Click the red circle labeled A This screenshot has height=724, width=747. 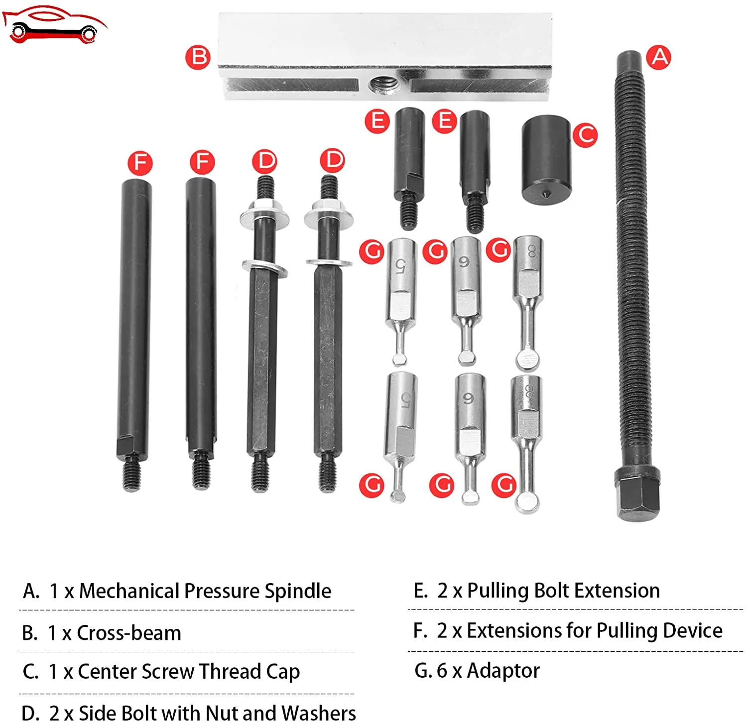[x=658, y=57]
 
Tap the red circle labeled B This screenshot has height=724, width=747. [x=198, y=57]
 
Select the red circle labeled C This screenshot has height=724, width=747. [x=585, y=134]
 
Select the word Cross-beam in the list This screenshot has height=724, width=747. [x=129, y=633]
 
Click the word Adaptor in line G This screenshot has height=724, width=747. [x=503, y=671]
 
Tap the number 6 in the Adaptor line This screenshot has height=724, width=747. [x=442, y=671]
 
